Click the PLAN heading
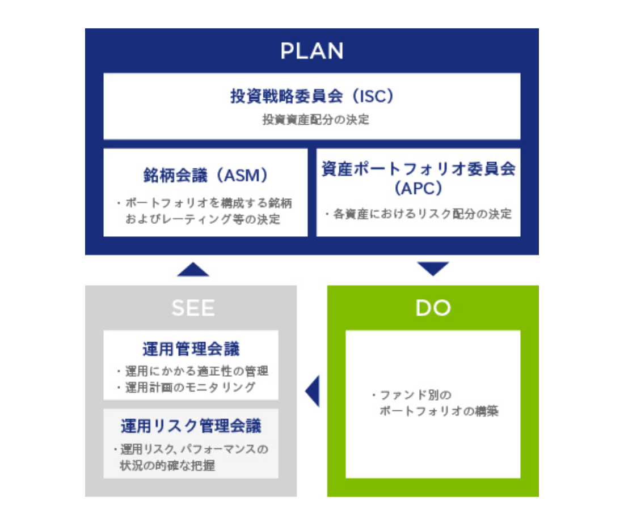pos(312,51)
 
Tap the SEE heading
pos(193,308)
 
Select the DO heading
pos(433,308)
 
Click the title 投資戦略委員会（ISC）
pos(311,96)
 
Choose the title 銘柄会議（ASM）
pos(205,176)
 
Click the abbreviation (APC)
pos(418,188)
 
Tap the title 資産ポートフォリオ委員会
pos(418,169)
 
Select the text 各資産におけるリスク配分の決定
pos(421,214)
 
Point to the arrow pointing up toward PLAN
pos(193,269)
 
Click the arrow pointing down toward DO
pos(433,269)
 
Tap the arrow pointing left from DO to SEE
pos(313,391)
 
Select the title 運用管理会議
pos(191,349)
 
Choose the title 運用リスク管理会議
pos(191,426)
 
